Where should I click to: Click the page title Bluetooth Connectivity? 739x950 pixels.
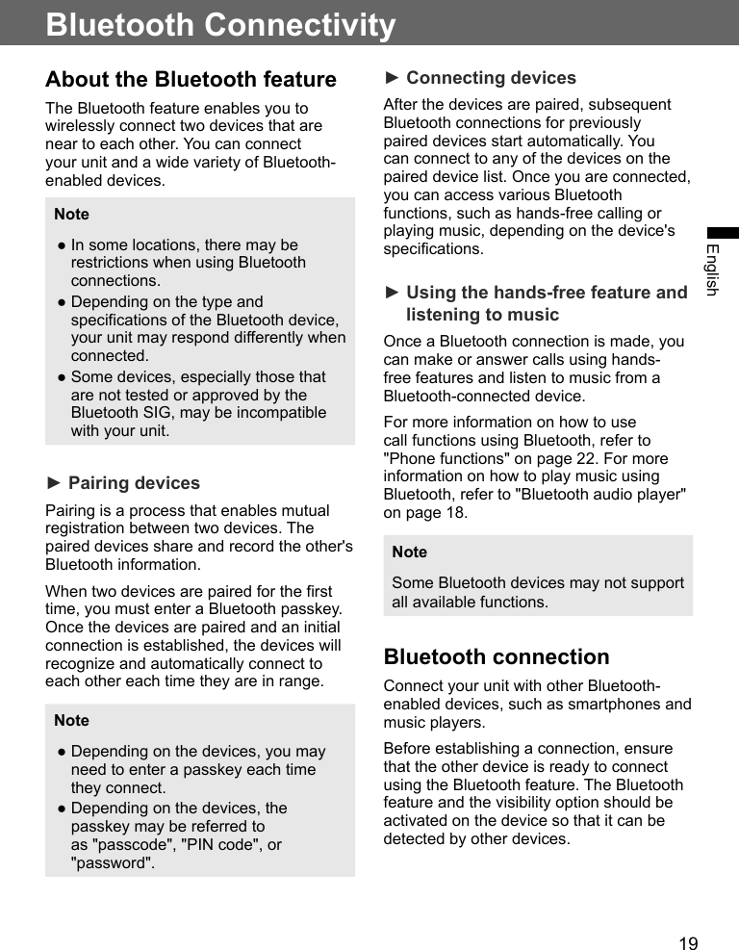click(x=220, y=24)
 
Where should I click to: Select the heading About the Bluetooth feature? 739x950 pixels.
click(x=191, y=79)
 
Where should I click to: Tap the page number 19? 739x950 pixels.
click(x=688, y=943)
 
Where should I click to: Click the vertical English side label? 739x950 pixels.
click(x=712, y=270)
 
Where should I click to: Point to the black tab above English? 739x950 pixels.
click(x=723, y=233)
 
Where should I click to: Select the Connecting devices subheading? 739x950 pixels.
click(x=491, y=78)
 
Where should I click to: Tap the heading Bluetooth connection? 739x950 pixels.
click(x=496, y=656)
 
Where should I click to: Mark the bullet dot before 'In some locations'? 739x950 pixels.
click(x=60, y=245)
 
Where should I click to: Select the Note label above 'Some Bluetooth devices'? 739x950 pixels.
click(x=409, y=552)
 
